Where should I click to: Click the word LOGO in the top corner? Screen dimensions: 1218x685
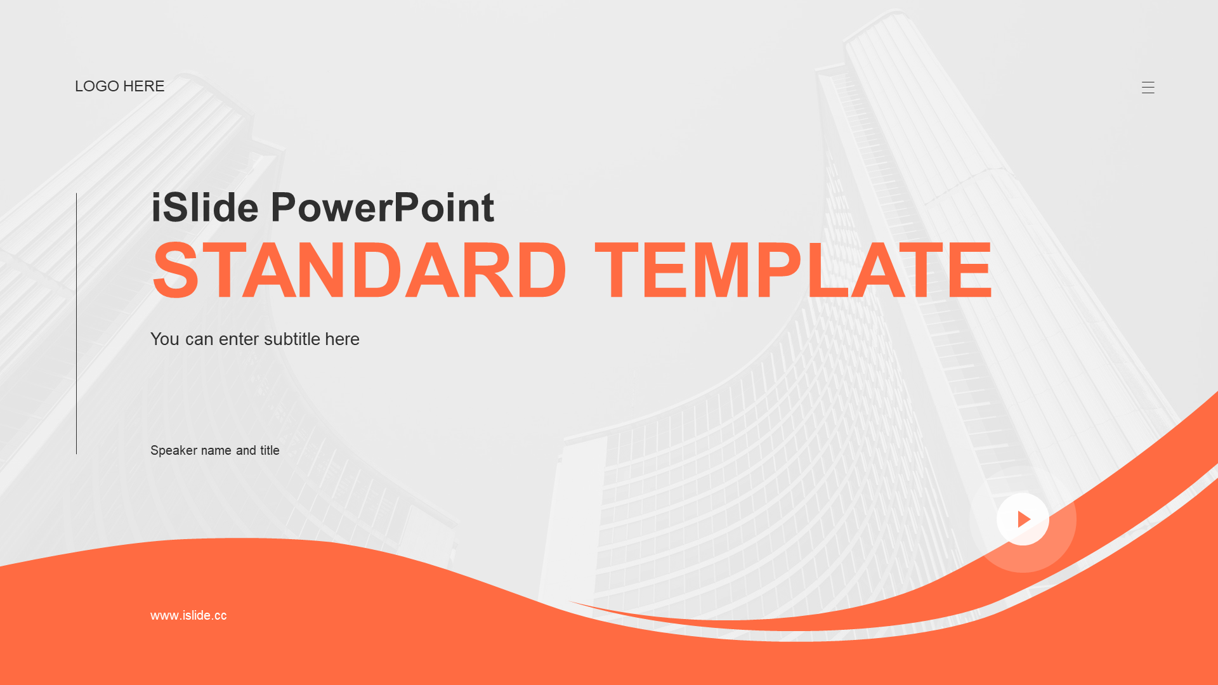pyautogui.click(x=97, y=86)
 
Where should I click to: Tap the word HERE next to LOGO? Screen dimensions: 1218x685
pyautogui.click(x=144, y=86)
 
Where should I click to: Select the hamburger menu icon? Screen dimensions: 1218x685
pyautogui.click(x=1148, y=88)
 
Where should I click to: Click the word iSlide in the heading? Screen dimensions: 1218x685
pyautogui.click(x=205, y=207)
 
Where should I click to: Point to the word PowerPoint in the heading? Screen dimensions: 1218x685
pyautogui.click(x=383, y=207)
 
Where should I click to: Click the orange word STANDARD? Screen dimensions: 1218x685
pyautogui.click(x=360, y=271)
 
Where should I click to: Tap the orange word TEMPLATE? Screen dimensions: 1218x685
pyautogui.click(x=794, y=271)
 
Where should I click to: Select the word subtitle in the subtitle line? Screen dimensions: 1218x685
pyautogui.click(x=292, y=339)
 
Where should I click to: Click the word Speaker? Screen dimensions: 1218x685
pyautogui.click(x=174, y=451)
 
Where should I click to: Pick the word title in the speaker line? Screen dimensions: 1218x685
pyautogui.click(x=270, y=450)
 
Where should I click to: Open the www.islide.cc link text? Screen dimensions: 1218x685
pyautogui.click(x=188, y=615)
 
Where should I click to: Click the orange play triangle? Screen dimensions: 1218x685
pyautogui.click(x=1024, y=519)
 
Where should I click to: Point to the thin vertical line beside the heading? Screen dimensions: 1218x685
pyautogui.click(x=76, y=323)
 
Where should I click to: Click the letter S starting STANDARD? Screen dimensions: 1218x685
pyautogui.click(x=176, y=271)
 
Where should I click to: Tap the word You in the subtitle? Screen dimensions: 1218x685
pyautogui.click(x=165, y=339)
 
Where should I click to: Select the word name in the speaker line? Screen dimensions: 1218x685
pyautogui.click(x=216, y=451)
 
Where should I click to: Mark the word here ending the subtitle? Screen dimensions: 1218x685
pyautogui.click(x=343, y=339)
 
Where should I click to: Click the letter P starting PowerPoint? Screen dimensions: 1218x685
pyautogui.click(x=285, y=207)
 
